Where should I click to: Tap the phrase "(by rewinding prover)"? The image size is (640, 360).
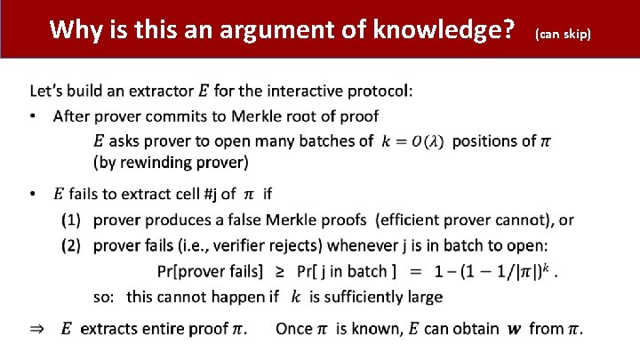[171, 162]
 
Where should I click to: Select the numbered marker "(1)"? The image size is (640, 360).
[72, 220]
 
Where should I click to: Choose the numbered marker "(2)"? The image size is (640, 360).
[72, 245]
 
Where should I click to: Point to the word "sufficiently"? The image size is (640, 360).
[360, 297]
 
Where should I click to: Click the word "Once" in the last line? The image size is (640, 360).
[293, 329]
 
